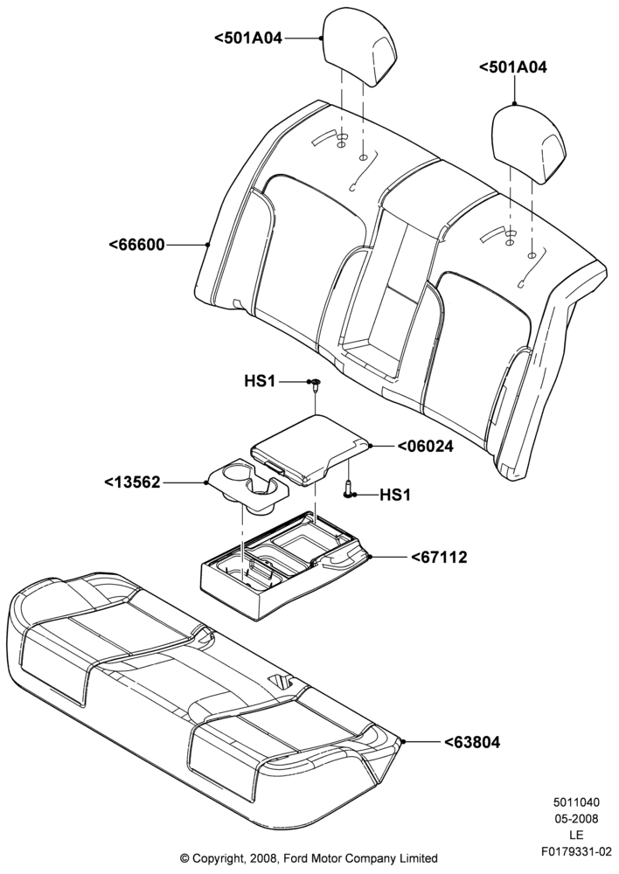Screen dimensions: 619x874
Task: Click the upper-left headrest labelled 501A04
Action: click(x=360, y=47)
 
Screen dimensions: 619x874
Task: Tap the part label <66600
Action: click(x=136, y=245)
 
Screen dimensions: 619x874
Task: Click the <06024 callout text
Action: click(x=424, y=446)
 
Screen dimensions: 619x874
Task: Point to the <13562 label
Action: click(x=133, y=482)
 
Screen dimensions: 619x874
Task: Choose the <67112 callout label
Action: click(x=439, y=557)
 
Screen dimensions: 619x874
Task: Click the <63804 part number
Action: click(x=472, y=742)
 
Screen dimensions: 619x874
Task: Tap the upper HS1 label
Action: click(x=260, y=382)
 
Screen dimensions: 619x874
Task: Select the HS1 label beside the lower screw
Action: click(x=395, y=495)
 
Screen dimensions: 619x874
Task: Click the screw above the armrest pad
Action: click(x=316, y=384)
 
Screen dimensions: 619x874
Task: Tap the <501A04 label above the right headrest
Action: click(x=513, y=67)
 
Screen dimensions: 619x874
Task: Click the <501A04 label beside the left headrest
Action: click(x=248, y=38)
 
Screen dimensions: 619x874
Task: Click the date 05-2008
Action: click(x=577, y=819)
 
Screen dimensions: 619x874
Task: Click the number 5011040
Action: click(x=577, y=802)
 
